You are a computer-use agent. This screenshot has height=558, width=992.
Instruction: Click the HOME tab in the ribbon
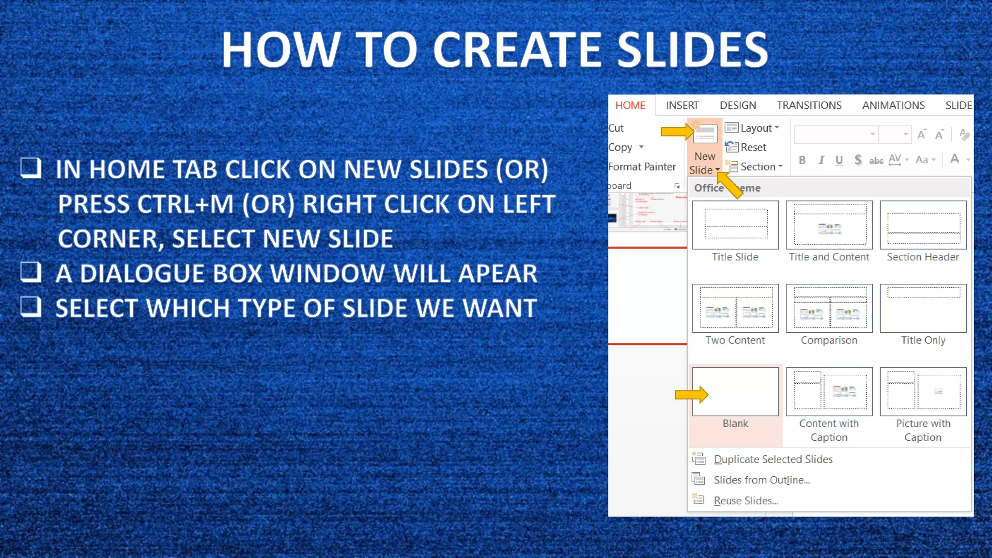pos(630,106)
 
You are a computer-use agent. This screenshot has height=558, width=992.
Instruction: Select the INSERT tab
pos(682,106)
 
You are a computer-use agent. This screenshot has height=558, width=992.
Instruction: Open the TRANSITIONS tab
pos(809,106)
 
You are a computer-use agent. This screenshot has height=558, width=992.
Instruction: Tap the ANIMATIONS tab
pos(893,106)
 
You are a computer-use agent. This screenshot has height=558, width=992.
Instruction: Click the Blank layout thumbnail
pos(735,391)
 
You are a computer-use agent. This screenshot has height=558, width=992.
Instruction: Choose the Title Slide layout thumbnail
pos(735,225)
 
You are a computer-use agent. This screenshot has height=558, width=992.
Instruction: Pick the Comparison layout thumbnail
pos(829,308)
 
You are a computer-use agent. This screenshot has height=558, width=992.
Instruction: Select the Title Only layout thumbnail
pos(923,308)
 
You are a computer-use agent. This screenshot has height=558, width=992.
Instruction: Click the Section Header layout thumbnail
pos(923,225)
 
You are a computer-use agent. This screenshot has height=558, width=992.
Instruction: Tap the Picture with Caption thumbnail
pos(923,391)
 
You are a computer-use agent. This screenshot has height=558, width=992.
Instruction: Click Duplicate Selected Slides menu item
pos(773,459)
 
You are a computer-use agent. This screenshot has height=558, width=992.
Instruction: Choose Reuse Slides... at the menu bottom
pos(745,501)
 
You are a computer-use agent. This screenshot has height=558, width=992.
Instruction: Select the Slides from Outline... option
pos(761,480)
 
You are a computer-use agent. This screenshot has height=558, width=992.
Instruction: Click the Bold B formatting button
pos(802,160)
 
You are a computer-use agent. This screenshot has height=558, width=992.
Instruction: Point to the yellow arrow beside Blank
pos(692,395)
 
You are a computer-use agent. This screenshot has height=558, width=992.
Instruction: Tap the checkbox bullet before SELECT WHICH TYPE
pos(31,307)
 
